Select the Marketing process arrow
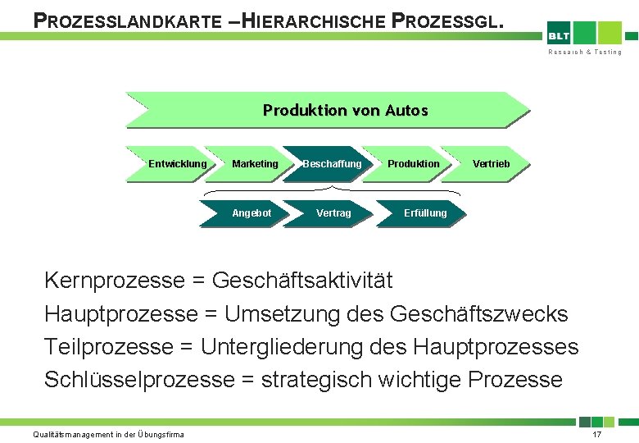pos(255,164)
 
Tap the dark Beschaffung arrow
pos(332,164)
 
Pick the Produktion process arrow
pos(413,164)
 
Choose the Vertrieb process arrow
pos(491,164)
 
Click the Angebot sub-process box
pos(251,213)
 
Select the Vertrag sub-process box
pos(333,213)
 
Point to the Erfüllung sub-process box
pos(425,213)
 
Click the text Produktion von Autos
pos(345,110)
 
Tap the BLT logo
pos(560,35)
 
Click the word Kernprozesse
pos(115,281)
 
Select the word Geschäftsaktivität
pos(302,281)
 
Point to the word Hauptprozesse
pos(121,313)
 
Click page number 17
pos(596,434)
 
